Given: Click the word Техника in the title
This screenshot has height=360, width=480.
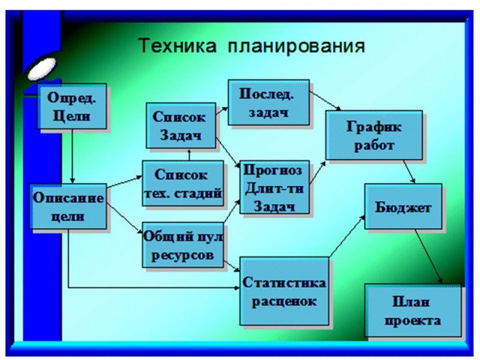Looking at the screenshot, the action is click(x=177, y=46).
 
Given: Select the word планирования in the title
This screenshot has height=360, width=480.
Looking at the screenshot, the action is click(x=296, y=47).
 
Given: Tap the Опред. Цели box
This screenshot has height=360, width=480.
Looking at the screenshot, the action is click(x=72, y=106).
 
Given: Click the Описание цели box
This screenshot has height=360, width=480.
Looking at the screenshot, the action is click(x=68, y=206).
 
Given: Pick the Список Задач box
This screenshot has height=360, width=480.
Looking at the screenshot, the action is click(x=181, y=125).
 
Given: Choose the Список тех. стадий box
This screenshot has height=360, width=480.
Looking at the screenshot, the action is click(x=183, y=184).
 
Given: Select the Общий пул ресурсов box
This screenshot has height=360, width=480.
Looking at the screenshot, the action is click(x=183, y=245).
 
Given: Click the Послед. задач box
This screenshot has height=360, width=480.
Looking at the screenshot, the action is click(x=268, y=103).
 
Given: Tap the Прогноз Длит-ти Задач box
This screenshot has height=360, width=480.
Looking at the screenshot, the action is click(x=274, y=187).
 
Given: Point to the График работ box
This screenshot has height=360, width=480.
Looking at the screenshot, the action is click(x=374, y=135).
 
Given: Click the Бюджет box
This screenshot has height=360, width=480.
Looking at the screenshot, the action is click(x=403, y=206).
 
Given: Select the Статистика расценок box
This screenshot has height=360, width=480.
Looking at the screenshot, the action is click(x=284, y=291).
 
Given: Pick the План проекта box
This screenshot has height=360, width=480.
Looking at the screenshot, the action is click(x=413, y=310).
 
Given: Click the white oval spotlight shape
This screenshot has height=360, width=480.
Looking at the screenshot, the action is click(x=42, y=68).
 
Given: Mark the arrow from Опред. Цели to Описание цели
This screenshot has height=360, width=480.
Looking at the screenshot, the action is click(x=72, y=156).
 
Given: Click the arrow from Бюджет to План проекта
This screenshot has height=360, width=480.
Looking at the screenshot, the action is click(x=428, y=257).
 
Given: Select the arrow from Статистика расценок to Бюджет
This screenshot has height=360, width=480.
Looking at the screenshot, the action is click(x=347, y=236).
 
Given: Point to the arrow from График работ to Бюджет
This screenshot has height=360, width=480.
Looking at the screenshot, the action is click(x=409, y=172).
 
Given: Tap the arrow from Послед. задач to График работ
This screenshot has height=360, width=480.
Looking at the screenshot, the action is click(x=325, y=100).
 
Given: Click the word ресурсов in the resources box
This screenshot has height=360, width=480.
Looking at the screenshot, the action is click(x=182, y=255).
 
